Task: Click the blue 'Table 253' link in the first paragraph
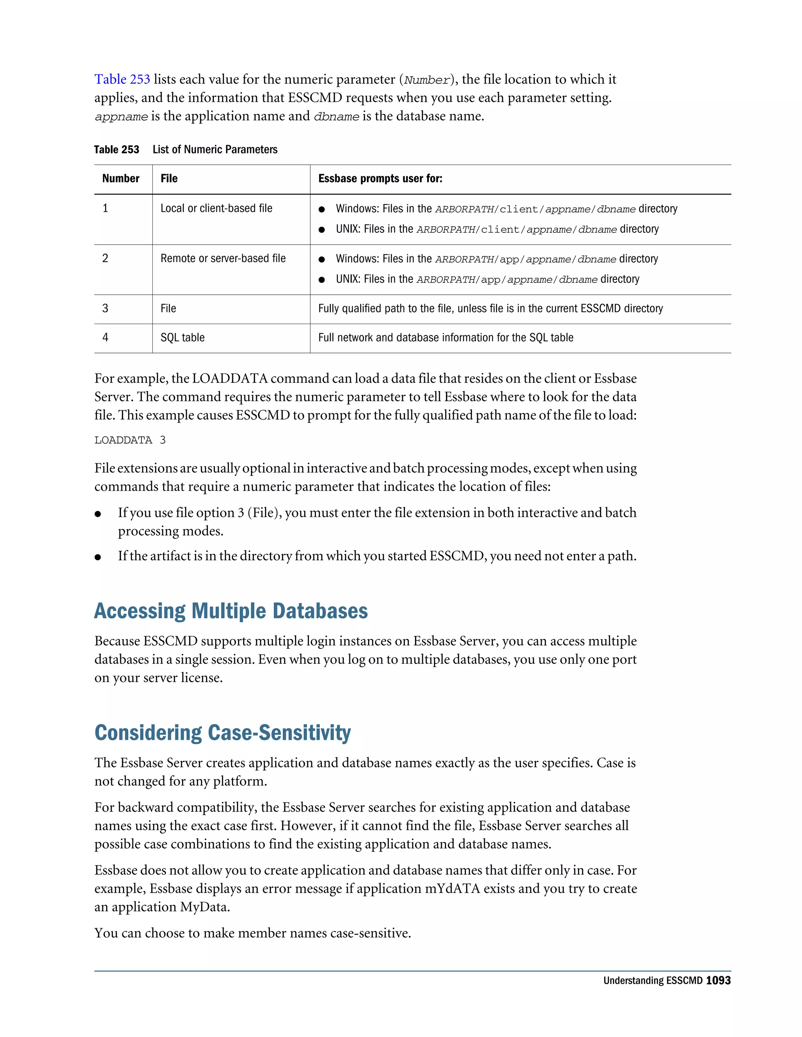[x=122, y=79]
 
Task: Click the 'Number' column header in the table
[x=121, y=178]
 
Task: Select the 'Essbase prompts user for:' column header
[x=380, y=178]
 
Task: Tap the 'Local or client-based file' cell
[x=216, y=209]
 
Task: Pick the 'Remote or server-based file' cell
[x=223, y=258]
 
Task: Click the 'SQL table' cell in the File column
[x=182, y=338]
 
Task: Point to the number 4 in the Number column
[x=105, y=338]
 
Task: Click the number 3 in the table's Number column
[x=105, y=309]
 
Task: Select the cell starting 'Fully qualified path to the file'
[x=490, y=309]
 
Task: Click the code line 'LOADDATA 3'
[x=130, y=440]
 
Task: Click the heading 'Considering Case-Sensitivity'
[x=222, y=733]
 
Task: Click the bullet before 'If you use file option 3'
[x=98, y=514]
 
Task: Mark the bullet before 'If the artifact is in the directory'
[x=98, y=557]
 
